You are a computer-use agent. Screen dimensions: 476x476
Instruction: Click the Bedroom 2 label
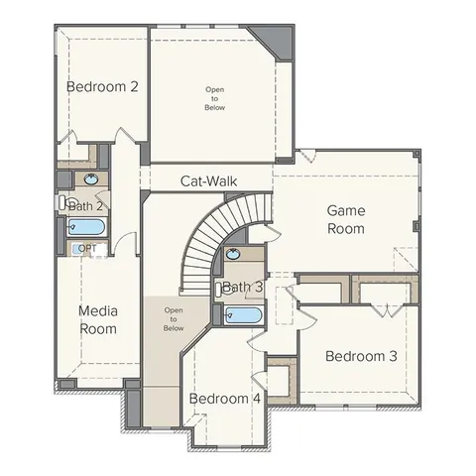coord(102,86)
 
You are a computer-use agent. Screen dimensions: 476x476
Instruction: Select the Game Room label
coord(346,219)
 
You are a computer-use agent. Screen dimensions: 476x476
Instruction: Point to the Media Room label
coord(98,319)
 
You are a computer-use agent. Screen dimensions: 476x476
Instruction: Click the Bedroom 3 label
coord(361,356)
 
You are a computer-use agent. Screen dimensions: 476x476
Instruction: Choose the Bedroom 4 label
coord(225,399)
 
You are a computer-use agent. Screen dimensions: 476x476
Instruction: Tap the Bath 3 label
coord(242,288)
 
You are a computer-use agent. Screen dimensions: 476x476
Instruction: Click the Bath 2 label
coord(86,206)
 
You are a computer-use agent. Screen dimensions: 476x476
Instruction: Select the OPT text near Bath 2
coord(87,248)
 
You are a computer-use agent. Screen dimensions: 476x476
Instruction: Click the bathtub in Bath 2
coord(84,227)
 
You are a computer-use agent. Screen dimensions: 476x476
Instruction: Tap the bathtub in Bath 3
coord(242,316)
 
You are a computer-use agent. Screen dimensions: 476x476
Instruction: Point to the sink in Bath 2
coord(92,178)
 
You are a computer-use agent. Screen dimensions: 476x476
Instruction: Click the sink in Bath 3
coord(233,254)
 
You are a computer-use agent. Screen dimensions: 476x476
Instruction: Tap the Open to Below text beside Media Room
coord(174,319)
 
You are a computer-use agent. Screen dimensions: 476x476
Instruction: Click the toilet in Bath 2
coord(63,201)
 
